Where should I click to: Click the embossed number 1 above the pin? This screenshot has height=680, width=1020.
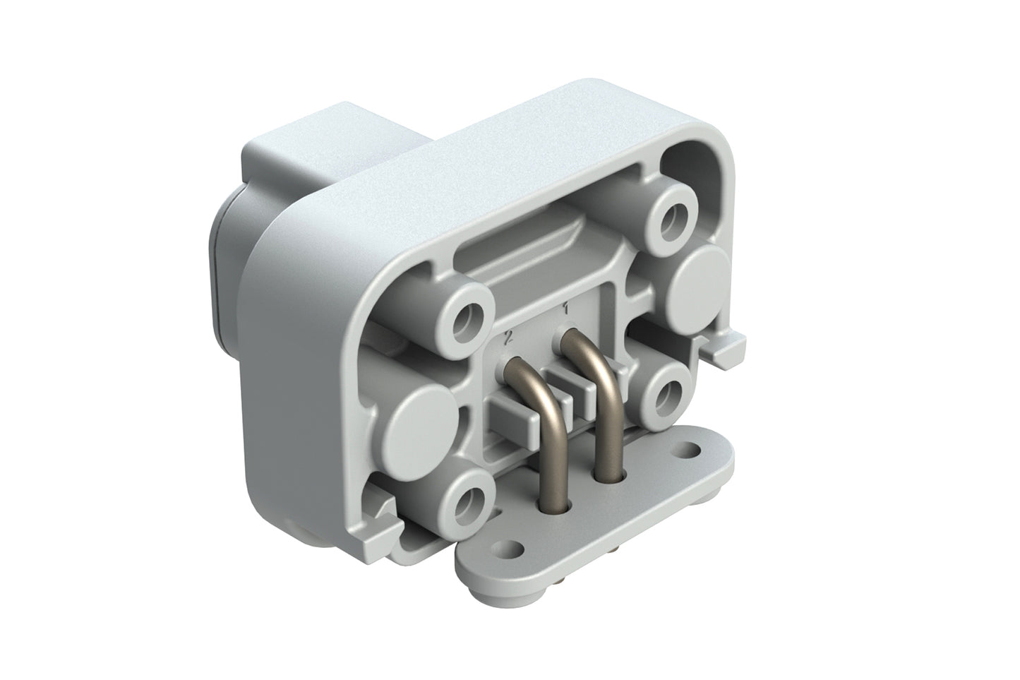point(565,308)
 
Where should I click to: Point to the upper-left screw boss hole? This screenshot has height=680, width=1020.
point(467,322)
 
